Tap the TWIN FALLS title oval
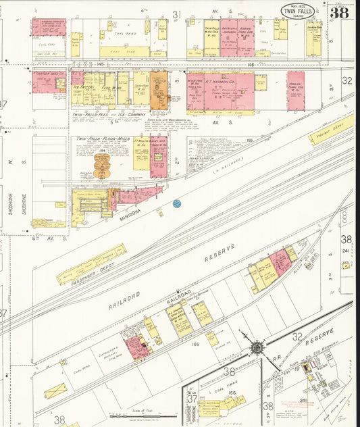click(298, 11)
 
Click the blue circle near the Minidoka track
click(177, 203)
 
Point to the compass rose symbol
click(257, 347)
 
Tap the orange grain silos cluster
click(101, 165)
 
